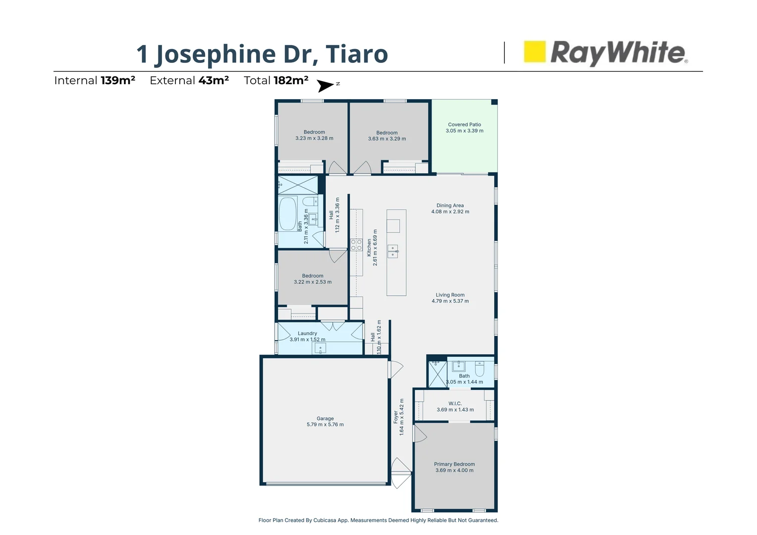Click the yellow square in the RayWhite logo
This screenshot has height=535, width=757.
[535, 52]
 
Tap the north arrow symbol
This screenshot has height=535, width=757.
[325, 86]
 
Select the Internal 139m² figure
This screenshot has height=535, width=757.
[118, 81]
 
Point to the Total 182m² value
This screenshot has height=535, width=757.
[291, 81]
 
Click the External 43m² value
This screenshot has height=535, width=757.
[214, 81]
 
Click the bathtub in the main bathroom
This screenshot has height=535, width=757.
[287, 214]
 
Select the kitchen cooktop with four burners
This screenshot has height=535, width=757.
[356, 245]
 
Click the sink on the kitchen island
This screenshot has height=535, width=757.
[392, 251]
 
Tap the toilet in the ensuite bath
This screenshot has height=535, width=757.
[480, 369]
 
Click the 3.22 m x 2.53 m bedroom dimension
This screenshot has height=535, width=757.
[313, 282]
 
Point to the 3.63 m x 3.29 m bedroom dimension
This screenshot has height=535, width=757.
[387, 139]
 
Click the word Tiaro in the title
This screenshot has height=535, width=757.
[357, 54]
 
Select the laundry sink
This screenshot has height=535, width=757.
[320, 349]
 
